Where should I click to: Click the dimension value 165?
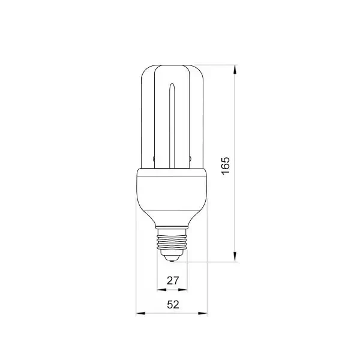tap(226, 166)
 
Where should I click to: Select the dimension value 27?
tap(173, 281)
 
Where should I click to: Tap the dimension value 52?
tap(173, 305)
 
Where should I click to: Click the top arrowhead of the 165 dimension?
tap(235, 70)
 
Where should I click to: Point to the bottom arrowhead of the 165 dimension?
tap(235, 256)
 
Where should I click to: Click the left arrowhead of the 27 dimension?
tap(161, 290)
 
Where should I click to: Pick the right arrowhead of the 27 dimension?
tap(183, 290)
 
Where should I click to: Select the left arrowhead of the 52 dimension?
tap(140, 313)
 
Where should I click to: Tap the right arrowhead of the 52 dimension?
tap(203, 313)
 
